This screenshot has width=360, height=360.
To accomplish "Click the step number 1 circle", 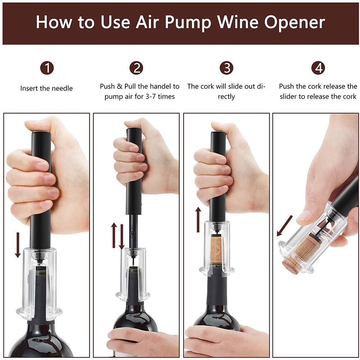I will (47, 68).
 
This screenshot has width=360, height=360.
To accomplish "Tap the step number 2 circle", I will (136, 68).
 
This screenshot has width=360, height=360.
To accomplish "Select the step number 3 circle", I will (226, 68).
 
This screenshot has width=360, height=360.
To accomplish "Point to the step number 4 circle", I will (318, 68).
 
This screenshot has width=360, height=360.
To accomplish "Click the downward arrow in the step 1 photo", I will (18, 245).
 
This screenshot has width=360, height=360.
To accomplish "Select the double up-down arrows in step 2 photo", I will (118, 236).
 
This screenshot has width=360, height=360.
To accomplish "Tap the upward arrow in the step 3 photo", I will (198, 219).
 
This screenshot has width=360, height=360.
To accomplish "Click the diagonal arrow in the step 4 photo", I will (284, 226).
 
